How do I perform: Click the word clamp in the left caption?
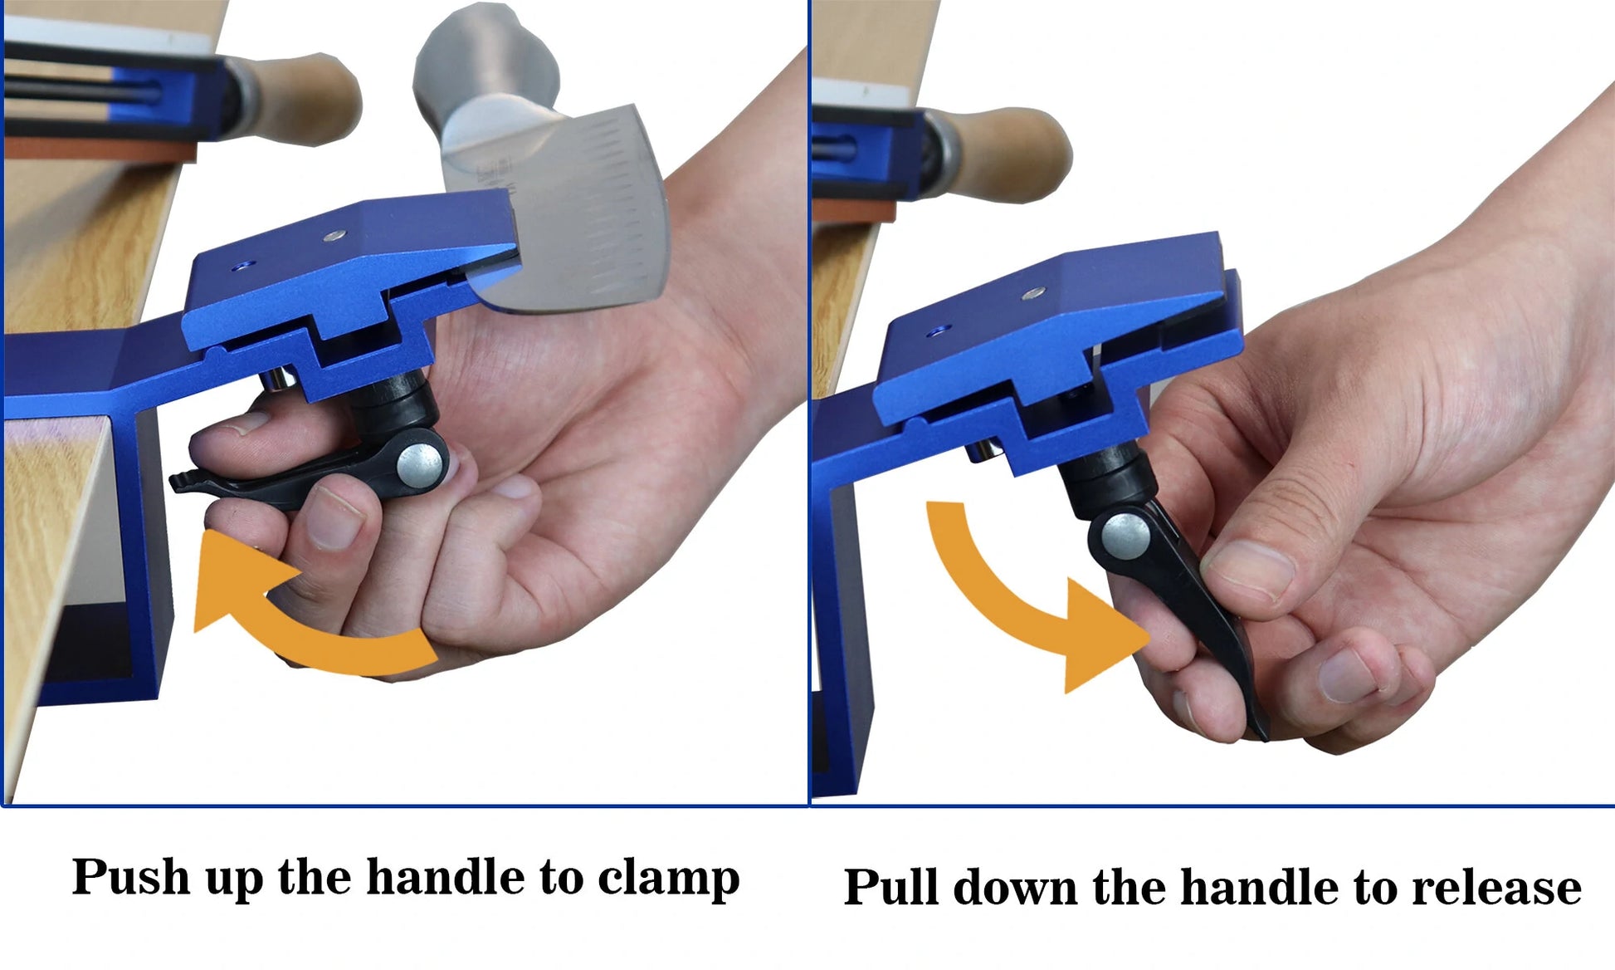668,879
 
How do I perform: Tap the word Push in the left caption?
131,876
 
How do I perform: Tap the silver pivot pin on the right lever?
1125,536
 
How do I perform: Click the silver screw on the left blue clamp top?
334,236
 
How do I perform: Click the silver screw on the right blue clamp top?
1033,292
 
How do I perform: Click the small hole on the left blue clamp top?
242,266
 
